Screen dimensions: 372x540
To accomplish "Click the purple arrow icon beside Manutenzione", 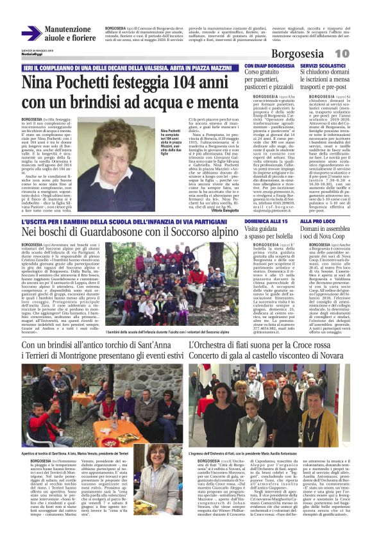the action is [31, 34].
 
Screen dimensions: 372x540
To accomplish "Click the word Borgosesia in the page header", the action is [319, 54].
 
